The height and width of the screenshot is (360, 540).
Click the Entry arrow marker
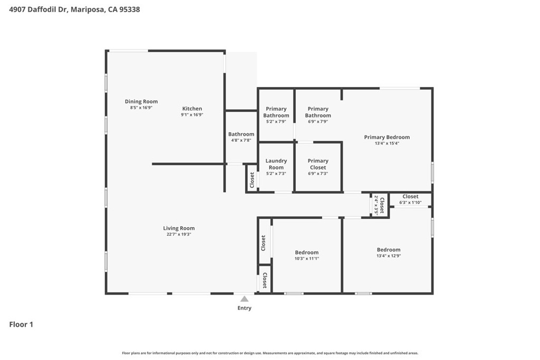[244, 299]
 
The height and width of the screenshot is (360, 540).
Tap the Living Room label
[179, 228]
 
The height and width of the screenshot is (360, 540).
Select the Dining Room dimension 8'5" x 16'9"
[141, 108]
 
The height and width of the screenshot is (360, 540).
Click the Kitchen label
[192, 109]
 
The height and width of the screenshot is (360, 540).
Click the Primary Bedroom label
[387, 137]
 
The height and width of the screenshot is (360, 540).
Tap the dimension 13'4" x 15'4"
[387, 143]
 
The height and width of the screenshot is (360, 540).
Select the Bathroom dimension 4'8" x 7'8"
[241, 140]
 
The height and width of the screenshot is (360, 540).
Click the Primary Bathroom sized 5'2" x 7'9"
[276, 112]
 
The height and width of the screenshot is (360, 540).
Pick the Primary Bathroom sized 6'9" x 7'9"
[318, 112]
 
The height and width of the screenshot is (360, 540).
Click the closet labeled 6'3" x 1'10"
[410, 199]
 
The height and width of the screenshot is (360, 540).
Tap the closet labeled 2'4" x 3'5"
[380, 205]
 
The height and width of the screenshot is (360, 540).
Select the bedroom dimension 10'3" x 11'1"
[306, 258]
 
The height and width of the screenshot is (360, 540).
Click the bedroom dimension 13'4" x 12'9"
[388, 256]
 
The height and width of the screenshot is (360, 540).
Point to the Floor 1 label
[21, 325]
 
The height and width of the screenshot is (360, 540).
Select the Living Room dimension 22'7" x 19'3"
[179, 235]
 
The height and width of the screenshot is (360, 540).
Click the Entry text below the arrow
[244, 308]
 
